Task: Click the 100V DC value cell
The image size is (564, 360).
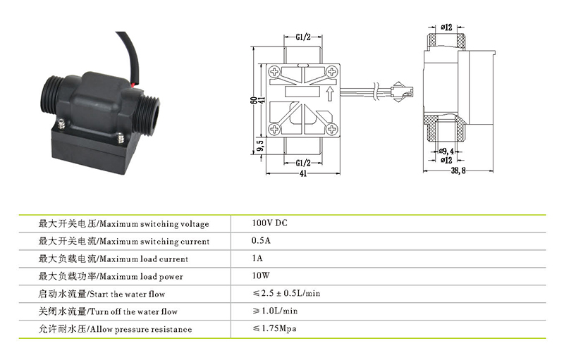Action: coord(269,223)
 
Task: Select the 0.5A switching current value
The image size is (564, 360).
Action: coord(261,240)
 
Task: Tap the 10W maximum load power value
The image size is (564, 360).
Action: coord(261,275)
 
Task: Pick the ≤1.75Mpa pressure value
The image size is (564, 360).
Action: coord(274,328)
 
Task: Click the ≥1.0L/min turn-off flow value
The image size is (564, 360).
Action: coord(275,311)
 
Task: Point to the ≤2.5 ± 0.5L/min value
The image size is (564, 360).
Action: coord(286,293)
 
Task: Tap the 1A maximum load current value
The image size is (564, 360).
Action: coord(257,258)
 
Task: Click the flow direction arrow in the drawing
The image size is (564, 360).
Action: coord(329,94)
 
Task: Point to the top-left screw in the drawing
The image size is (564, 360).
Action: coord(274,72)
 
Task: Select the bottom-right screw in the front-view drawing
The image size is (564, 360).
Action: coord(331,129)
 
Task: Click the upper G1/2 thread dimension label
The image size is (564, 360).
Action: coord(303,37)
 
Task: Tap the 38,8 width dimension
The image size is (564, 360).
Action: coord(458,170)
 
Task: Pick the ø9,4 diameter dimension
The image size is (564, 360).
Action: coord(446,151)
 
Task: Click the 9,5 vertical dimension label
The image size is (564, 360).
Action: coord(261,146)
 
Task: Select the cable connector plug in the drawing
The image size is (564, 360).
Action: coord(402,93)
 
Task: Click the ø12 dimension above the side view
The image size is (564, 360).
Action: coord(446,27)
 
